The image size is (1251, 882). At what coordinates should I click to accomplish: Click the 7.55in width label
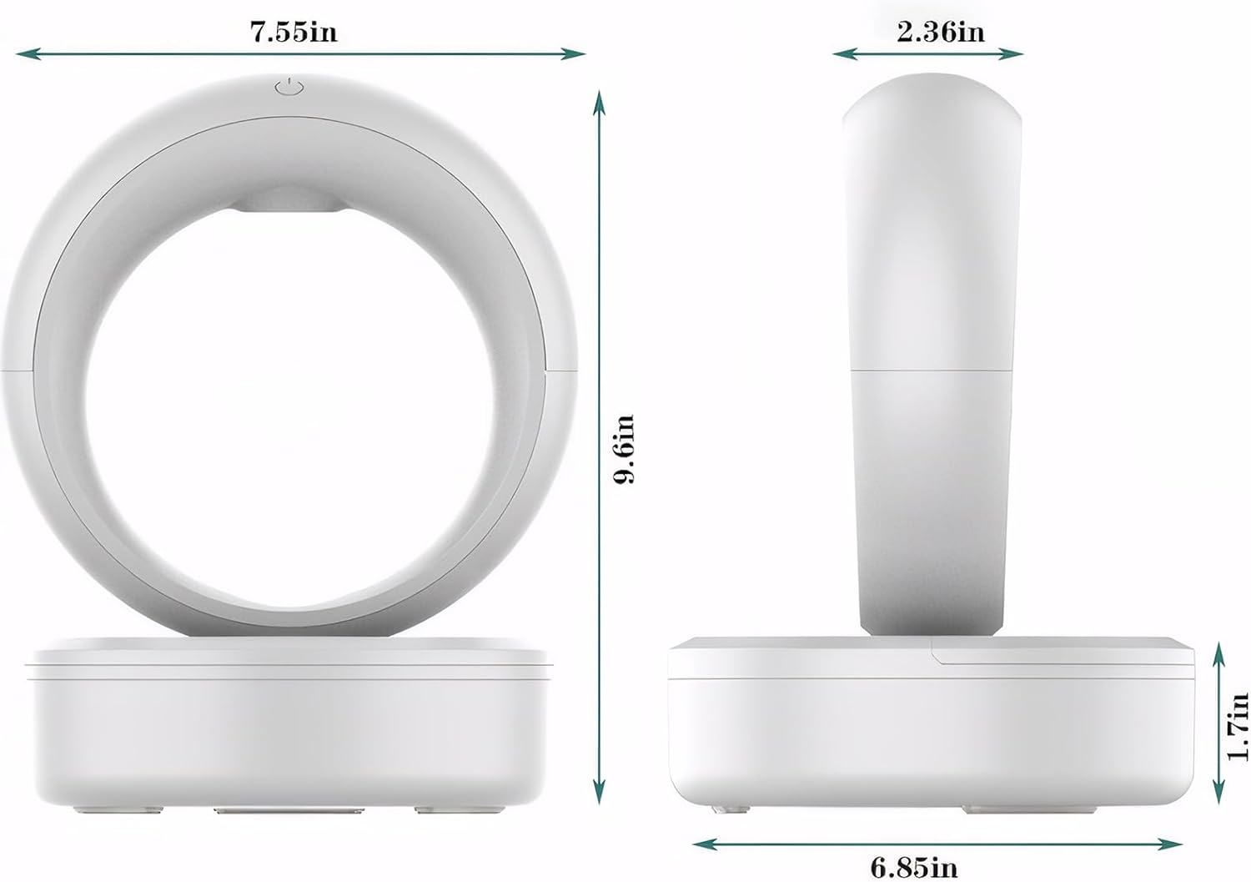[x=294, y=32]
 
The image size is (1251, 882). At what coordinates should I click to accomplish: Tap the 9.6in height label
[x=623, y=448]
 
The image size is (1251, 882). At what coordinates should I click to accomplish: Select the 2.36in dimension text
[x=940, y=32]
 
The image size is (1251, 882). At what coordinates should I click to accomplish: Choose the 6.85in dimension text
[x=914, y=867]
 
